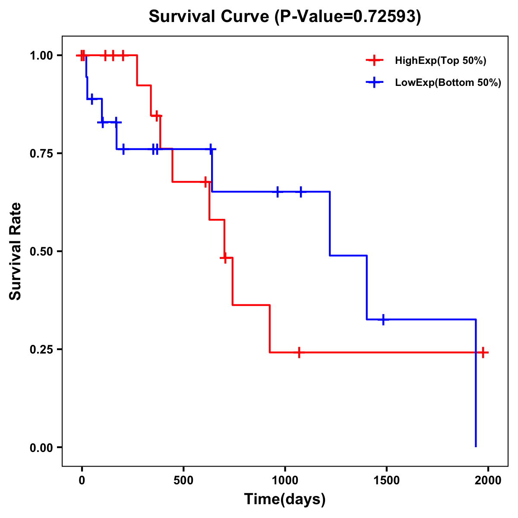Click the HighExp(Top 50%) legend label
point(440,61)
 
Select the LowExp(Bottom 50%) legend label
point(448,83)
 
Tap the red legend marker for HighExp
point(374,60)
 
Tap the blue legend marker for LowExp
point(374,82)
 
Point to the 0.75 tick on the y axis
point(41,154)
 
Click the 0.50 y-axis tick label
point(41,252)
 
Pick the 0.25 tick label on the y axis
point(41,350)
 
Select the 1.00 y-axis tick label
point(41,56)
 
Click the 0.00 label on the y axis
point(41,448)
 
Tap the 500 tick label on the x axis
point(183,481)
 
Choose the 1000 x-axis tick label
point(285,481)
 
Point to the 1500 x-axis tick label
point(386,481)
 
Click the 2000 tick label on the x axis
point(488,481)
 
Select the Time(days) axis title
point(285,499)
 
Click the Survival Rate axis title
point(16,251)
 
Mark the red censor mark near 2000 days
point(483,352)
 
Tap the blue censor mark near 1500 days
point(383,319)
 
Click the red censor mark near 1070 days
point(299,352)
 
